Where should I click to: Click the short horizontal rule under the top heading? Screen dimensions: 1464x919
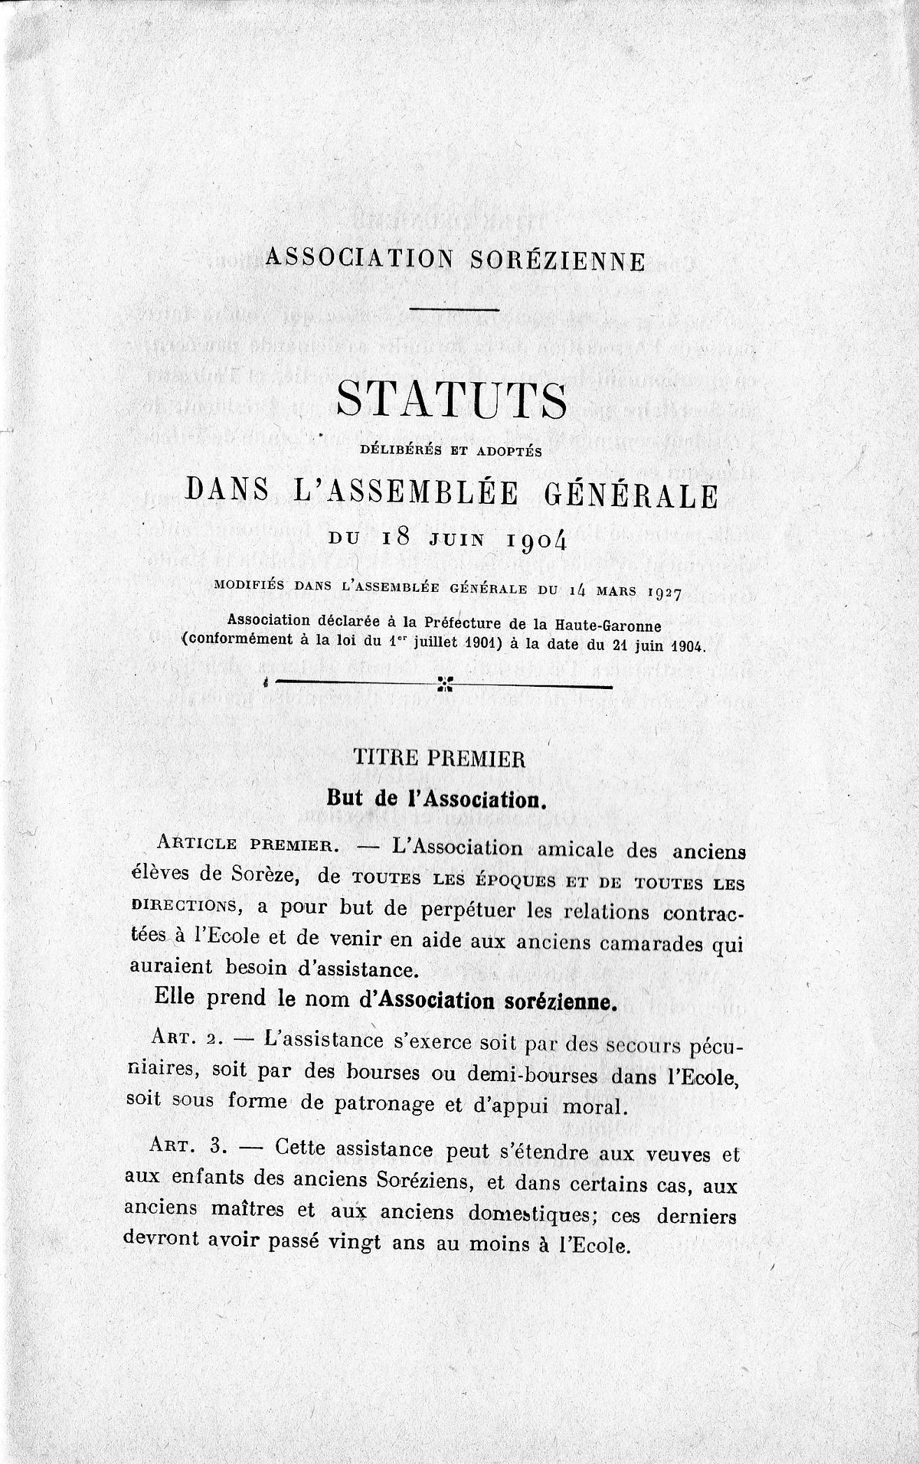point(454,309)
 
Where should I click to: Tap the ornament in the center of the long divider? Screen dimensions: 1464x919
point(444,683)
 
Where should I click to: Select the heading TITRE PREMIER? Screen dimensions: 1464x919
point(437,760)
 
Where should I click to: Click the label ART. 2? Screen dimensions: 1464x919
point(185,1040)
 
